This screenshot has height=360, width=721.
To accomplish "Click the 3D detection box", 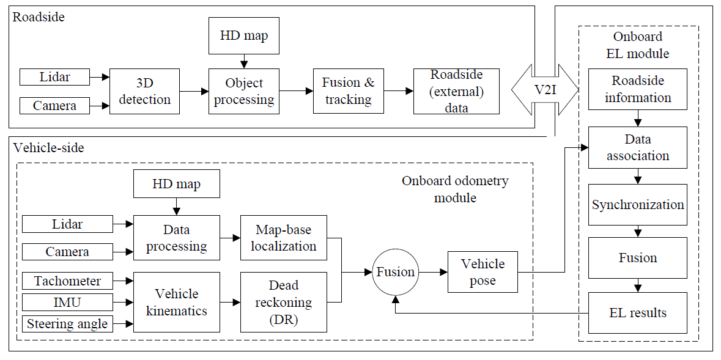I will (x=145, y=91).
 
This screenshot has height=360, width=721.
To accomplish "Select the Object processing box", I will (x=244, y=91).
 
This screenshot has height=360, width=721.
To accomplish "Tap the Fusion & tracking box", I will (x=348, y=91).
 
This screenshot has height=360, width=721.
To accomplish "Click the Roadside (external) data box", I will (x=456, y=91).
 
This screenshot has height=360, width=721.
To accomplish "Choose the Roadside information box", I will (x=638, y=89).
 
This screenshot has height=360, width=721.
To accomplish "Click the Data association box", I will (x=638, y=147).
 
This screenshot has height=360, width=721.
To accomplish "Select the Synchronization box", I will (x=638, y=204).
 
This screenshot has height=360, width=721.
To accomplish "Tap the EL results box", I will (x=638, y=313).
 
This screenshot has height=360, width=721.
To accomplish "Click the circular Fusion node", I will (x=395, y=272).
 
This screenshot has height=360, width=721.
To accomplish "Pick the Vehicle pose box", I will (x=483, y=272).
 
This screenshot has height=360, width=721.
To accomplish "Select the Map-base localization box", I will (x=283, y=238).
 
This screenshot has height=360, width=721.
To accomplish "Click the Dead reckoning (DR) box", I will (x=283, y=302).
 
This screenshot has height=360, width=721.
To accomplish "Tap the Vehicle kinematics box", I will (x=176, y=302).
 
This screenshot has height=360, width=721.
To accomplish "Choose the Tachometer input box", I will (x=67, y=281).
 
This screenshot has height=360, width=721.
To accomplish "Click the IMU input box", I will (x=67, y=302).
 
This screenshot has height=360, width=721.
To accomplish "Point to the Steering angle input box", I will (x=67, y=323).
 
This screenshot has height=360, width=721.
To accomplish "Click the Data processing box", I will (x=176, y=238).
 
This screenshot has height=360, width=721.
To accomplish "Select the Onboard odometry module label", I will (x=454, y=189).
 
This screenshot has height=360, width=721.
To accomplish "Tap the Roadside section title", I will (x=39, y=17).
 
